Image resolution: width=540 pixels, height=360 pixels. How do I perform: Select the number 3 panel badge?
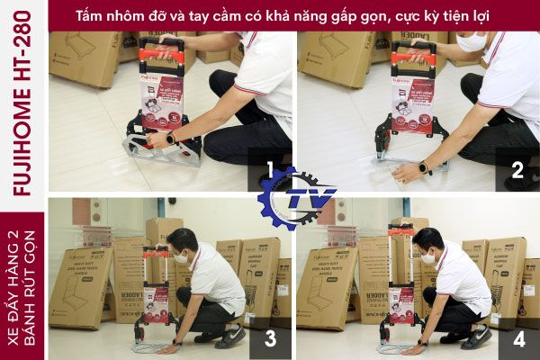point(268,340)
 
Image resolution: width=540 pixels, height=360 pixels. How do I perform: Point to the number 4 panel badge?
point(517,340)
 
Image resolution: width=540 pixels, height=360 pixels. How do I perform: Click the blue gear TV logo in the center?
point(295,196)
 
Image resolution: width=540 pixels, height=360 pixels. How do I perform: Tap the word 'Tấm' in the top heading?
point(90,14)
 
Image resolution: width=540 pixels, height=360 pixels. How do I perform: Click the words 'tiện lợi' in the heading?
point(459,14)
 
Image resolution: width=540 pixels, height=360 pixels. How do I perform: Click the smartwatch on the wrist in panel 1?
point(171,139)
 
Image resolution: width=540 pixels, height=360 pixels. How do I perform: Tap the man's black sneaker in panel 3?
point(231,337)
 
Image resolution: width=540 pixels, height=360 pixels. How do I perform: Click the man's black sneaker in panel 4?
point(476,337)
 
